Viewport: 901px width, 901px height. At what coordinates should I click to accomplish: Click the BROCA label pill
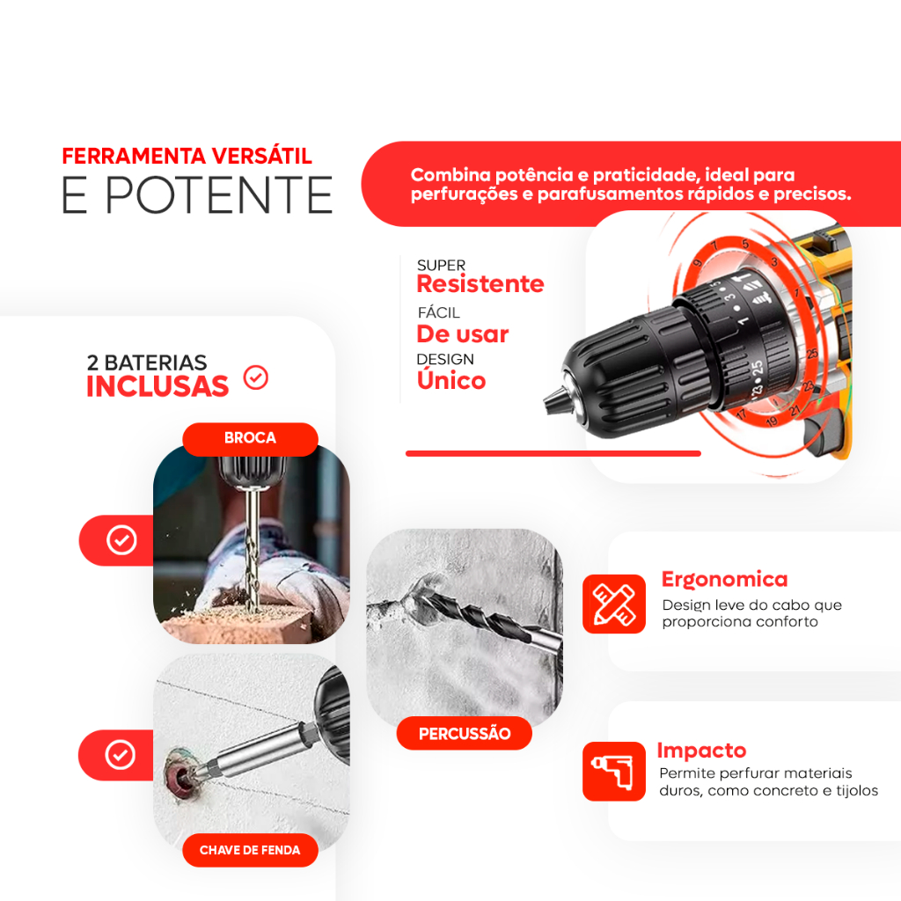250,438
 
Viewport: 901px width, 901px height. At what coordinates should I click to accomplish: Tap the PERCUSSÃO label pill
465,733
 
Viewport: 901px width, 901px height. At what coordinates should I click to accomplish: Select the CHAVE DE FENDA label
250,850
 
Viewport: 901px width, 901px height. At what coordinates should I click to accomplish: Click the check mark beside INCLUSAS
256,377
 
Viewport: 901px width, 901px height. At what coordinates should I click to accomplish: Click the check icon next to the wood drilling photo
121,540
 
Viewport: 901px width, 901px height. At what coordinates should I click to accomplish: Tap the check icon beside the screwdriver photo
120,754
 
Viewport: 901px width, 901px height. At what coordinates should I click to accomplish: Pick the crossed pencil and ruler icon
613,604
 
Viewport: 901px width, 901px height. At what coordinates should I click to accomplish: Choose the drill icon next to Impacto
613,771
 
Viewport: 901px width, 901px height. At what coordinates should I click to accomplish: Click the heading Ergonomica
724,579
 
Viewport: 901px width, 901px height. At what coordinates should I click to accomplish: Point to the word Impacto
701,751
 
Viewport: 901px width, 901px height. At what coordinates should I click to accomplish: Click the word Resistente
480,284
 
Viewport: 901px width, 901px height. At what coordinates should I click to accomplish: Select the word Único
451,379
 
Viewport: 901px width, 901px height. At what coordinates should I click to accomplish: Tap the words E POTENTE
197,195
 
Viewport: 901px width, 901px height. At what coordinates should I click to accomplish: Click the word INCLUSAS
157,386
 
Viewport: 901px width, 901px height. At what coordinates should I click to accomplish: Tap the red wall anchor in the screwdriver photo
181,771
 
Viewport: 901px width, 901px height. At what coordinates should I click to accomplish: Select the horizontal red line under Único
553,453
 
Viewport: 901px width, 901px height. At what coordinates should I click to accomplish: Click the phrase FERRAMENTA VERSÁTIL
187,156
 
